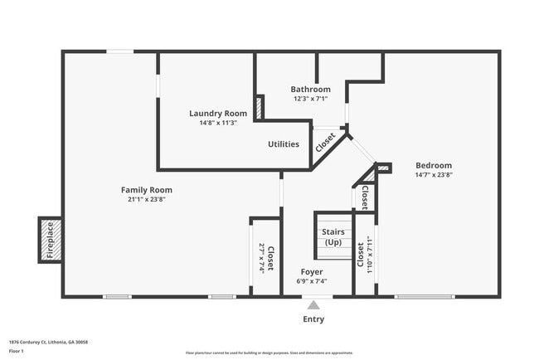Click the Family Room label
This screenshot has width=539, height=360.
click(x=147, y=190)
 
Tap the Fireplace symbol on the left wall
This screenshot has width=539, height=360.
click(x=49, y=240)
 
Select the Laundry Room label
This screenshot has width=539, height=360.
click(x=218, y=114)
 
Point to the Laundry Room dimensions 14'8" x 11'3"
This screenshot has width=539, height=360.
click(x=218, y=124)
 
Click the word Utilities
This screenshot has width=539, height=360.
click(x=283, y=144)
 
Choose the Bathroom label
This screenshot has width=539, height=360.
click(x=310, y=90)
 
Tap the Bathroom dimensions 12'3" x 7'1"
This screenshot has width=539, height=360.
click(x=310, y=99)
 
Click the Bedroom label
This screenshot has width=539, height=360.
click(x=433, y=165)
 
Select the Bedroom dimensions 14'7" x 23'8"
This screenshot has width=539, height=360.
click(x=433, y=175)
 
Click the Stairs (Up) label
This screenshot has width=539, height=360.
click(x=333, y=237)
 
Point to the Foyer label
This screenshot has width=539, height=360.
click(x=312, y=272)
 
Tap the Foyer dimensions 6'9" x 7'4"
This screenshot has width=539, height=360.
click(x=312, y=281)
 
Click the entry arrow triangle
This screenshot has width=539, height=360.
click(x=313, y=304)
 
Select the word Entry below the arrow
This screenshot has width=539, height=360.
click(x=313, y=319)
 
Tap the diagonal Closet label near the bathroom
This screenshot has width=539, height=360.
click(x=326, y=142)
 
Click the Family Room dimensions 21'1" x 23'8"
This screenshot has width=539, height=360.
click(x=147, y=200)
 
